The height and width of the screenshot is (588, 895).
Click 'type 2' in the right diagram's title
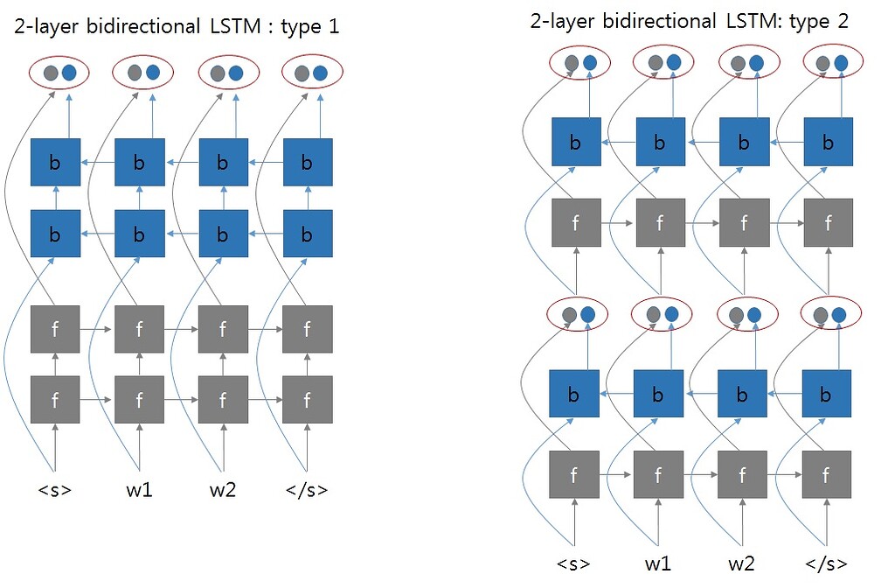click(x=816, y=20)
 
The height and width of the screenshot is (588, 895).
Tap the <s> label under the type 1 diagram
click(x=54, y=490)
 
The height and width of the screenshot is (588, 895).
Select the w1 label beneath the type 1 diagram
click(x=139, y=490)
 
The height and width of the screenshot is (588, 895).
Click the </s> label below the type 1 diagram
click(x=307, y=490)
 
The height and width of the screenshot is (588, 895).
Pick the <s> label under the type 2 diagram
click(x=573, y=562)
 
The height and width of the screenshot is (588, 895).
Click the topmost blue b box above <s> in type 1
click(x=55, y=162)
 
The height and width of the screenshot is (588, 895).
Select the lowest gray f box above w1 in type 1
click(x=140, y=401)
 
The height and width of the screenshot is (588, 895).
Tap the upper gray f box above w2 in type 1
click(x=223, y=330)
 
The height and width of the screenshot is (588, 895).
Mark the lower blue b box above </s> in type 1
click(x=308, y=233)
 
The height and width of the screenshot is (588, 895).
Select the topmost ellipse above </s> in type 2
click(x=828, y=62)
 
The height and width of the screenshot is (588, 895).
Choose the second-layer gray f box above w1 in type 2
click(x=658, y=223)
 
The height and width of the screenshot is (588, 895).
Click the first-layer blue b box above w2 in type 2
click(x=743, y=395)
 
